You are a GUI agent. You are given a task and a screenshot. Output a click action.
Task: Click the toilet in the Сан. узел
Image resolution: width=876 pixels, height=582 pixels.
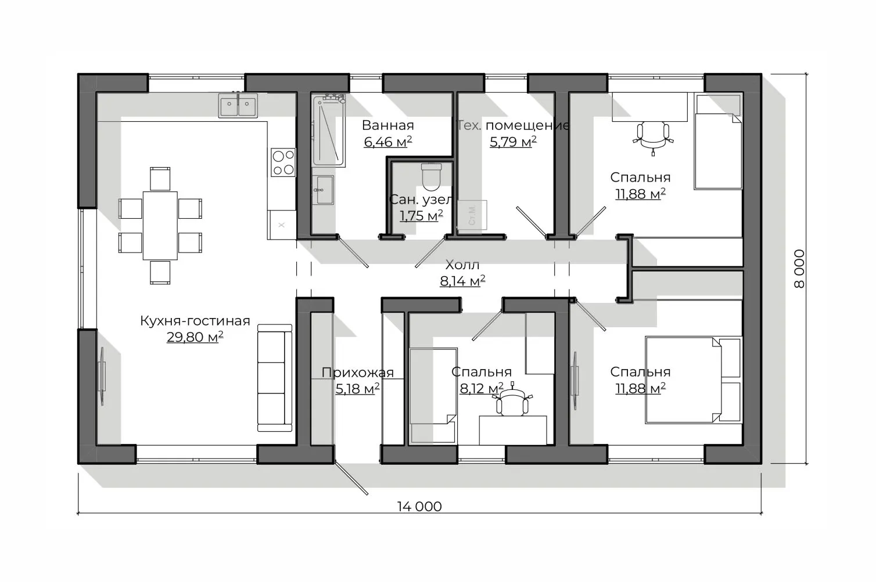click(432, 177)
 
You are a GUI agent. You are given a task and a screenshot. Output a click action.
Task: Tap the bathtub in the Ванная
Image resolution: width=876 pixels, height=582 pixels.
click(329, 131)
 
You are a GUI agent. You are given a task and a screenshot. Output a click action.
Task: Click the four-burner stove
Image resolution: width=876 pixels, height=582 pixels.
click(283, 162)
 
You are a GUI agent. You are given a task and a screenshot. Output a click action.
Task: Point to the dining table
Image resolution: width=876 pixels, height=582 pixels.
click(160, 225)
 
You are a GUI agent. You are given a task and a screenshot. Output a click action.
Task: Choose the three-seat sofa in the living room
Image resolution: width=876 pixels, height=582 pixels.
click(275, 378)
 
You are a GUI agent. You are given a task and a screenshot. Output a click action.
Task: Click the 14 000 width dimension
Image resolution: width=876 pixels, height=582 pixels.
click(419, 507)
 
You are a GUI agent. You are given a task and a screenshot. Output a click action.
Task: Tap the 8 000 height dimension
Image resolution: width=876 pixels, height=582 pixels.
click(799, 269)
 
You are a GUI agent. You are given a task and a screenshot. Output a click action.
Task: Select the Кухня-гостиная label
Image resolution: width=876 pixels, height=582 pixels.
click(195, 321)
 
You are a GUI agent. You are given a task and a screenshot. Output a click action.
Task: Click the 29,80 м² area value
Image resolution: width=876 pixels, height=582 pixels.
click(195, 337)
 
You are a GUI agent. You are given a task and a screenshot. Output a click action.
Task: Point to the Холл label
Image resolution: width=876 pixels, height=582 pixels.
click(462, 265)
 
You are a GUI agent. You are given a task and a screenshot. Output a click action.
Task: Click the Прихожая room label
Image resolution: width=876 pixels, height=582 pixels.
click(357, 373)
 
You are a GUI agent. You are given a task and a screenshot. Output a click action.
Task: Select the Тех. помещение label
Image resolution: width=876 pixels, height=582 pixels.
click(513, 125)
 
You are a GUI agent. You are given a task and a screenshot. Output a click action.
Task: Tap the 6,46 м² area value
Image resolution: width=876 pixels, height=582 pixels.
click(387, 142)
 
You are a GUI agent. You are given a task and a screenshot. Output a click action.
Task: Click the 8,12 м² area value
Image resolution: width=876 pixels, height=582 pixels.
click(482, 388)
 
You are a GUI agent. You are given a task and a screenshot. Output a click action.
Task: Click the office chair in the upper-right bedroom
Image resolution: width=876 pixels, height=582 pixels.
click(653, 138)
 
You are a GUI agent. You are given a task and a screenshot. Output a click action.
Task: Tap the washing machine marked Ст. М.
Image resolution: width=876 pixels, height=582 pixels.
click(472, 215)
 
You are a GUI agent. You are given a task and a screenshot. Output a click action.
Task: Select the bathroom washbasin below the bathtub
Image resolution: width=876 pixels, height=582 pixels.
click(323, 190)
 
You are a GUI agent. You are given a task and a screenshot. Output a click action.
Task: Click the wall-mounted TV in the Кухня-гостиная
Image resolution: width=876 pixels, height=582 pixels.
click(102, 377)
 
